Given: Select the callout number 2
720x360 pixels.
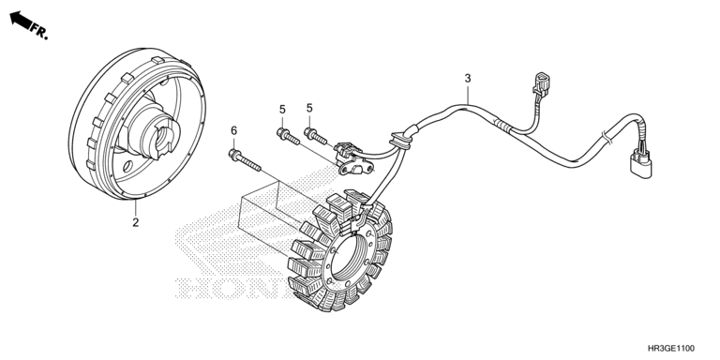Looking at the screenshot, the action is pos(135,223).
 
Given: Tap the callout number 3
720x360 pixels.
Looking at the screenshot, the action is pos(468,79).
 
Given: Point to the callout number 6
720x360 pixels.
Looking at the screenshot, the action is pos(233,131).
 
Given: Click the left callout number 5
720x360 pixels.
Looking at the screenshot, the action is pos(282,110).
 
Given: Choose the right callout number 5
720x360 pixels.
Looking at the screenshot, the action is pos(309,108).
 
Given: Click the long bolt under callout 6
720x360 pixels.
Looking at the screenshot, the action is pos(245,160).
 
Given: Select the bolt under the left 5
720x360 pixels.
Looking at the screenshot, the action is pos(288,136).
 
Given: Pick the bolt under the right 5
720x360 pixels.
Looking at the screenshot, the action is pos(315,136).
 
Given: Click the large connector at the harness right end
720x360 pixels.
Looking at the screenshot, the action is pos(640,163).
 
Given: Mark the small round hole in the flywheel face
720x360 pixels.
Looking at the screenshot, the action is pos(128,164).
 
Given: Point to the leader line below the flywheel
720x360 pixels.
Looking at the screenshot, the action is pos(136,207).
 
